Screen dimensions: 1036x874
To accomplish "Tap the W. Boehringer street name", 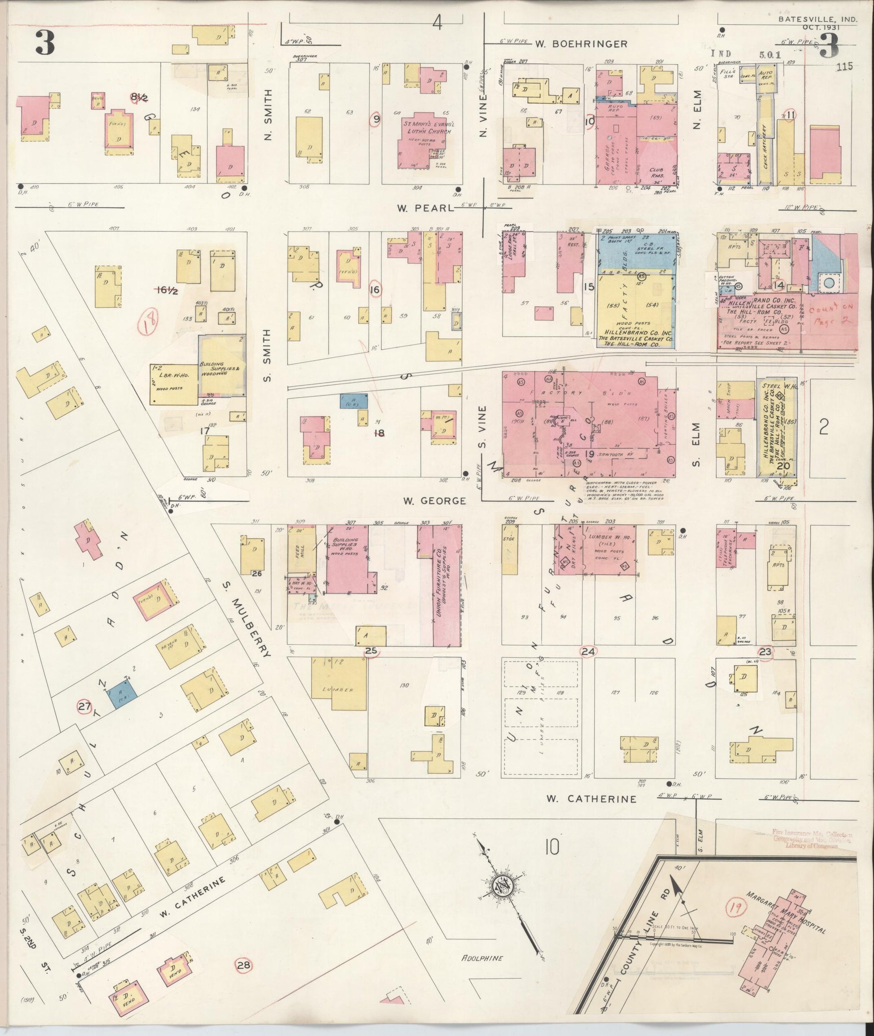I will pos(581,44).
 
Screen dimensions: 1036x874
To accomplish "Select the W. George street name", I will pos(434,501).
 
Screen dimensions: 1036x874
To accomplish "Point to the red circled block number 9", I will pos(376,119).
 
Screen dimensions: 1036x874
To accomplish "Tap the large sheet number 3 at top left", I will pos(44,44).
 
